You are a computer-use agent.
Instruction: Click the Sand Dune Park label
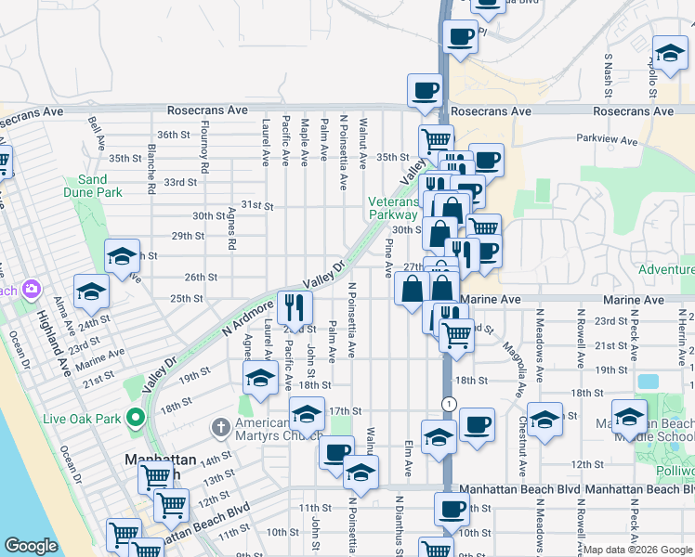(100, 186)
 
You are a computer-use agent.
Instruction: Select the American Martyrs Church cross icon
(220, 428)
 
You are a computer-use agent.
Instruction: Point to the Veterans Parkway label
(394, 208)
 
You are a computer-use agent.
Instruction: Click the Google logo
(31, 546)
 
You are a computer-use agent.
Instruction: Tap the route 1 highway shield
(449, 403)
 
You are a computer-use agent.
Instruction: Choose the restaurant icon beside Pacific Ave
(295, 306)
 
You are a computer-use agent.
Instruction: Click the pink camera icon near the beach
(32, 290)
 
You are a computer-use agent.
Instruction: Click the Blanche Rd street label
(150, 169)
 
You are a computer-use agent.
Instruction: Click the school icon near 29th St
(122, 255)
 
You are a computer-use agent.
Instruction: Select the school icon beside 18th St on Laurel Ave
(261, 377)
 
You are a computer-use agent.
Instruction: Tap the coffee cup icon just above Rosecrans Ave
(424, 90)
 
